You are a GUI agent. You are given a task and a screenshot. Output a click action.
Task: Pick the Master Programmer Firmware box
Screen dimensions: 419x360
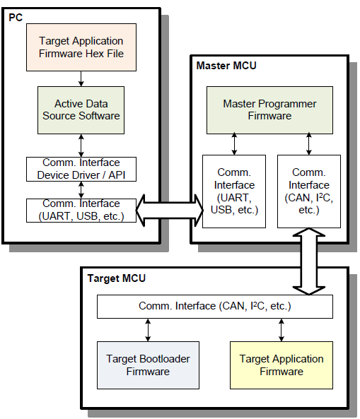(269, 109)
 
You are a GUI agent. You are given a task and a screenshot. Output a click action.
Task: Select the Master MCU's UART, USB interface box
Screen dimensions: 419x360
(234, 190)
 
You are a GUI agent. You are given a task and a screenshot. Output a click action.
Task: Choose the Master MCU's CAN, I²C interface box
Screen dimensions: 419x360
(309, 190)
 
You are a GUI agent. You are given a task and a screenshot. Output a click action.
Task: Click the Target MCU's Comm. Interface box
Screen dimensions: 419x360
(214, 306)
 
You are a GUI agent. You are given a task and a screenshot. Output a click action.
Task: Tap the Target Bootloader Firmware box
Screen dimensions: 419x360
(147, 365)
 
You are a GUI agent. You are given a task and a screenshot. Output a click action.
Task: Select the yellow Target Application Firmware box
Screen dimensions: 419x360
(281, 365)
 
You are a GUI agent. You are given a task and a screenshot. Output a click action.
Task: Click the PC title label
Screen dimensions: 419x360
(16, 16)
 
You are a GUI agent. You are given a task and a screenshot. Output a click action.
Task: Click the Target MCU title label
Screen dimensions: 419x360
(116, 278)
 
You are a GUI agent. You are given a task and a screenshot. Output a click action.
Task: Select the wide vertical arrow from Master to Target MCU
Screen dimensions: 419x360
(309, 259)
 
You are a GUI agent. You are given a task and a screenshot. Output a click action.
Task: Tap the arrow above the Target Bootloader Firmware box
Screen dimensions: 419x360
(147, 329)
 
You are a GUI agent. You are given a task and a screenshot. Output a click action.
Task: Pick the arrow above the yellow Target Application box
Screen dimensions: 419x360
(281, 329)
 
